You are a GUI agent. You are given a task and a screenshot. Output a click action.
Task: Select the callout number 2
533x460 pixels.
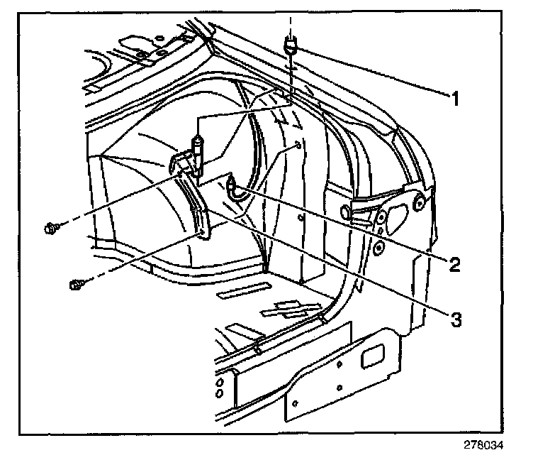[455, 264]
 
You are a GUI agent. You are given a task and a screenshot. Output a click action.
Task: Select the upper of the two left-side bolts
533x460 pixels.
[50, 228]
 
